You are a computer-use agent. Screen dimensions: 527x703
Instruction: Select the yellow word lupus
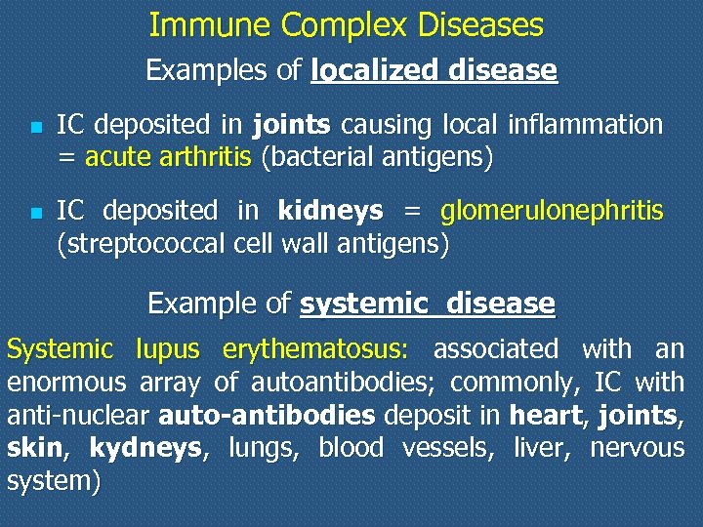168,349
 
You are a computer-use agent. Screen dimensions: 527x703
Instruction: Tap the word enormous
66,383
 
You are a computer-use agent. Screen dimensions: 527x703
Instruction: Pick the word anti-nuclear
78,416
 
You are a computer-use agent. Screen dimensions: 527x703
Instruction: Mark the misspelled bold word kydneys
145,449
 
